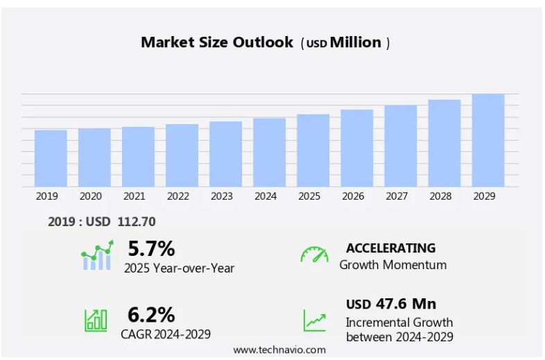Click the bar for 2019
[x=51, y=158]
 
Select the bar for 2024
[x=269, y=153]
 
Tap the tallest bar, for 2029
[x=487, y=140]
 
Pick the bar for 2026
[x=356, y=148]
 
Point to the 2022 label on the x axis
[x=178, y=196]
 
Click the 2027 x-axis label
[x=396, y=196]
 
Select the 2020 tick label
[x=90, y=196]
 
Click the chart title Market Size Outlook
[x=217, y=42]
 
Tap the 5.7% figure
[x=151, y=248]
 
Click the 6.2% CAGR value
[x=151, y=315]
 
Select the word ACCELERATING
[x=390, y=248]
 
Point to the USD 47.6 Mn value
[x=391, y=304]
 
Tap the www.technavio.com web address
[x=279, y=350]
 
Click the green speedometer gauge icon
[x=314, y=255]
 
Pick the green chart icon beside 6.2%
[x=96, y=320]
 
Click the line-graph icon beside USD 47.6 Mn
[x=314, y=320]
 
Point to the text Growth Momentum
[x=392, y=265]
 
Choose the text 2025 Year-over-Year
[x=179, y=268]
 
